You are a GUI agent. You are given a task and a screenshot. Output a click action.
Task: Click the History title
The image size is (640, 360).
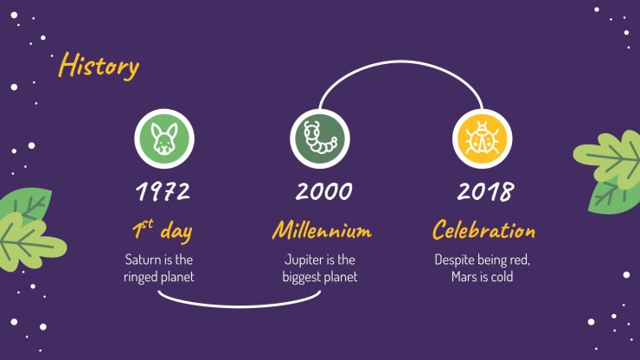tap(99, 66)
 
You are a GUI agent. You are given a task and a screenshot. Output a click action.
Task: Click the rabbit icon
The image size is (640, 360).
tap(164, 138)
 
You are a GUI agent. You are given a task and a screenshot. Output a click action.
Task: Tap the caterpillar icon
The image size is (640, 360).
tap(320, 138)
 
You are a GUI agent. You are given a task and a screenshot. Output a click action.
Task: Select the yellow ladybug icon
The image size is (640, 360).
tap(482, 138)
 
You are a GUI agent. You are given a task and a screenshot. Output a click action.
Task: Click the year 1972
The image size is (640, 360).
tap(163, 191)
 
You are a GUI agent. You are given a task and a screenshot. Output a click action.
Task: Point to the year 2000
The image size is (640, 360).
tap(323, 191)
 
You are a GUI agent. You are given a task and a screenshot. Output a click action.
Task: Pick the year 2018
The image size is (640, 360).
tap(485, 191)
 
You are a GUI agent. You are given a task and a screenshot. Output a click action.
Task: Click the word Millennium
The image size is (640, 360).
tap(322, 230)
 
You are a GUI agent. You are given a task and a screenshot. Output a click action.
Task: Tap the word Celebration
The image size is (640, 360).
tap(483, 230)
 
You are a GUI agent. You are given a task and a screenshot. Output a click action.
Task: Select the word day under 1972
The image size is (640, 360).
tap(176, 232)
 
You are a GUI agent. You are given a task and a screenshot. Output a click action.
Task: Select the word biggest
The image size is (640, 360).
tap(300, 278)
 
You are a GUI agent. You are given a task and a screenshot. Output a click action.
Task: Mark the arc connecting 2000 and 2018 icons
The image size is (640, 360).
tap(400, 62)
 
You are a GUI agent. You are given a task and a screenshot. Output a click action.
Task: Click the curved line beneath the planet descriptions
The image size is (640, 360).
tap(240, 305)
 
